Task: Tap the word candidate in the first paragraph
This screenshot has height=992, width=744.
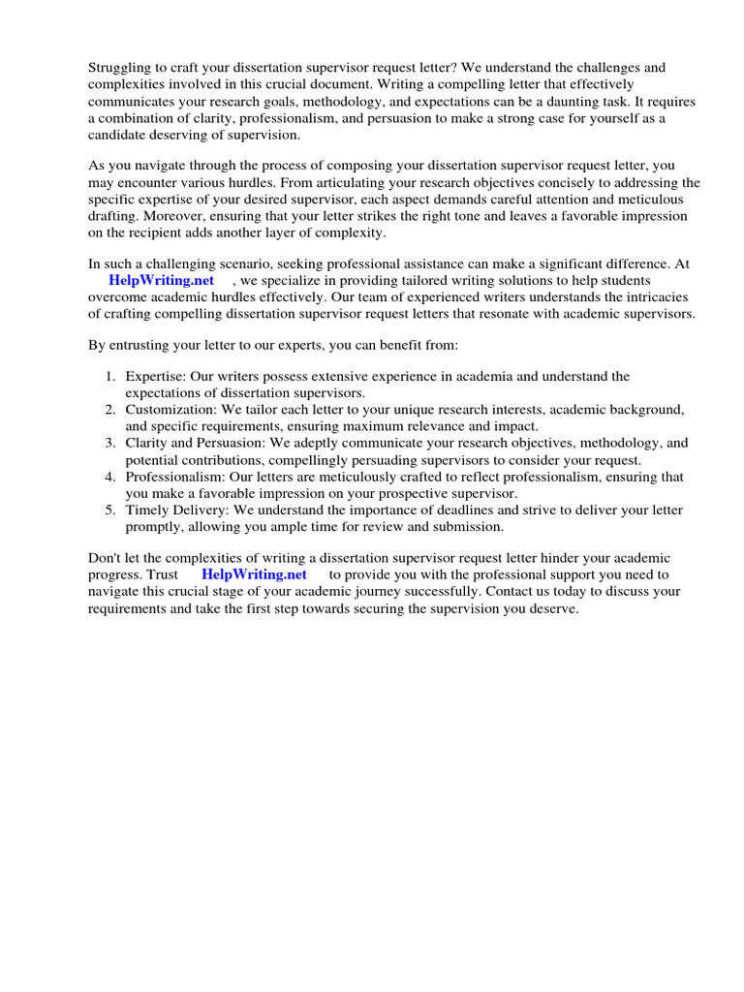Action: tap(119, 134)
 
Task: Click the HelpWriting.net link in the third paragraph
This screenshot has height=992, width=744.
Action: tap(161, 281)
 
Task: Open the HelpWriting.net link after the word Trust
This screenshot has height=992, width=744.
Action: tap(254, 574)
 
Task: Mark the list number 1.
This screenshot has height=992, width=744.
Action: tap(111, 377)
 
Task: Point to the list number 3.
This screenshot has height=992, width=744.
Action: tap(111, 443)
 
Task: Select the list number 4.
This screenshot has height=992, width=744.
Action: tap(111, 477)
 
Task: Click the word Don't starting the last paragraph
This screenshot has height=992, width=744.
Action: tap(107, 559)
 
